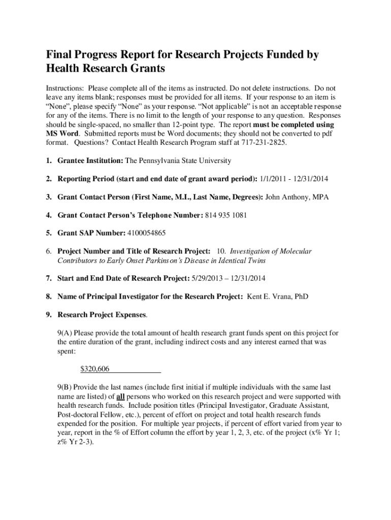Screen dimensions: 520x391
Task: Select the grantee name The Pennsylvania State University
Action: click(x=178, y=160)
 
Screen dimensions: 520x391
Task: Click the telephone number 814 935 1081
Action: click(x=226, y=215)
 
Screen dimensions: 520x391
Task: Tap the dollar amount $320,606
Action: click(x=95, y=369)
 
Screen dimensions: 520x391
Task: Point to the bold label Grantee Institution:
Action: click(x=90, y=160)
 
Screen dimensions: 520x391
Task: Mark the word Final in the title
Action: click(x=61, y=55)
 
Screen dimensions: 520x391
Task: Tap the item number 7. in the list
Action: click(x=49, y=278)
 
